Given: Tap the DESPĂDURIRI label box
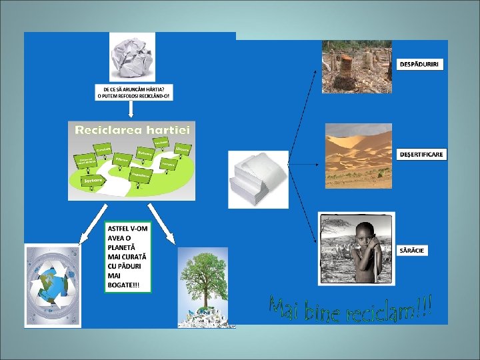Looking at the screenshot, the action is [423, 64].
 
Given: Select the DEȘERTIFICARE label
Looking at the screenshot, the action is [421, 154].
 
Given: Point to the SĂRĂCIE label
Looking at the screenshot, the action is [413, 250].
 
